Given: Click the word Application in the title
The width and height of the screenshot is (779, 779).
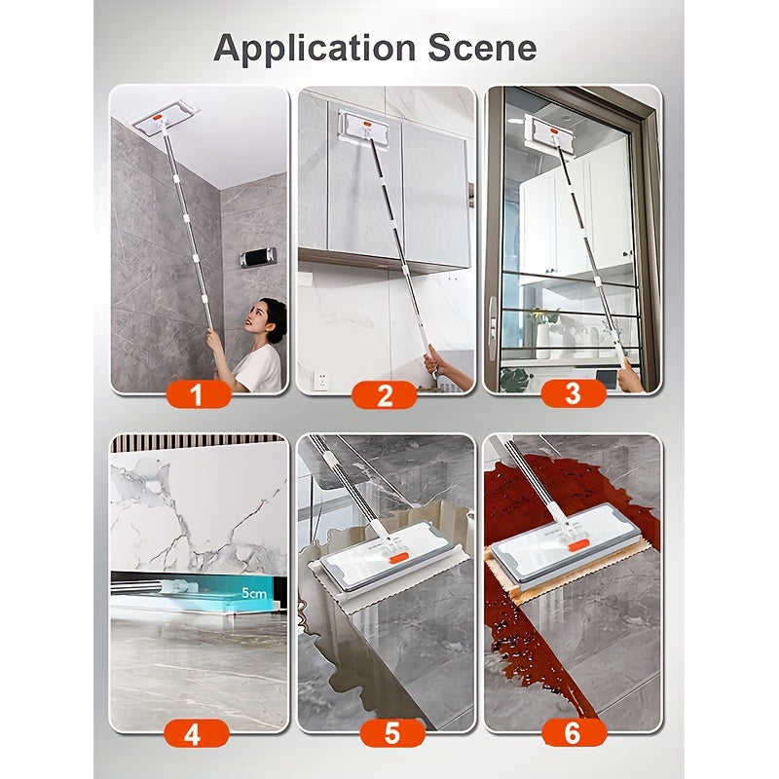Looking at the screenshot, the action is [315, 49].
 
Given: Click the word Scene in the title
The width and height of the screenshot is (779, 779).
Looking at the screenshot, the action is [482, 48].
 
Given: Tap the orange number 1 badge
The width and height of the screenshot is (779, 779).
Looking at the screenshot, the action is [199, 395].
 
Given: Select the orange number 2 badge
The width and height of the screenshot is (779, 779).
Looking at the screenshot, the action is [385, 395].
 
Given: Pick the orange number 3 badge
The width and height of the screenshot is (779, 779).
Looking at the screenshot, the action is [574, 394].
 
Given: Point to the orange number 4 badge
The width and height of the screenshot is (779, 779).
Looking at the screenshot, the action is [197, 733].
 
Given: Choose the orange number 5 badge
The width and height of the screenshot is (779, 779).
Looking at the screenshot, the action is [392, 733].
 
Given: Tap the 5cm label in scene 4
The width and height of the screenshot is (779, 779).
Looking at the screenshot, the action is [254, 593].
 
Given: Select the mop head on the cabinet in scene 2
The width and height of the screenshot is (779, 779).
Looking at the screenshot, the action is [364, 130].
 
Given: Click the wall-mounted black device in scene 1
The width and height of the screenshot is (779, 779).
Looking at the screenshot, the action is [258, 257].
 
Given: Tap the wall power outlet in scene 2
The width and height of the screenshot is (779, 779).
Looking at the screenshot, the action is [321, 381].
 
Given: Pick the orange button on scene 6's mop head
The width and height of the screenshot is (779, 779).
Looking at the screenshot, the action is [578, 546].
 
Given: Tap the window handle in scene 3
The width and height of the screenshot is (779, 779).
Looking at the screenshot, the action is [492, 328].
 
